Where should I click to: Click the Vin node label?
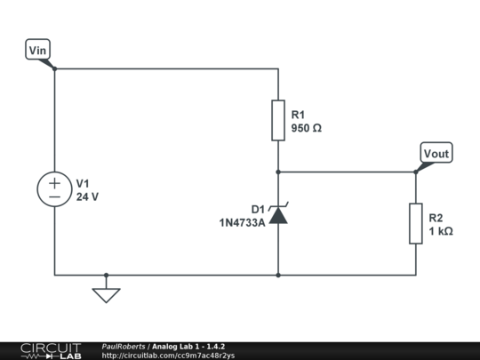(37, 49)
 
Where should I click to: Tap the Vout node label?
(436, 153)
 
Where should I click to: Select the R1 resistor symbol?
(278, 120)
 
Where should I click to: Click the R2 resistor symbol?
(416, 223)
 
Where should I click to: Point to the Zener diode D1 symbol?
(278, 213)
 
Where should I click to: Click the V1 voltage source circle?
(54, 189)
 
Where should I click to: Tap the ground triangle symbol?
(106, 295)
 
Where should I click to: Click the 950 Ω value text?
(306, 128)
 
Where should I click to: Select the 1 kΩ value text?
(441, 231)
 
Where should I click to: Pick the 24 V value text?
(87, 196)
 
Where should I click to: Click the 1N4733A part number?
(242, 223)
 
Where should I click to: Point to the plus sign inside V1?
(54, 183)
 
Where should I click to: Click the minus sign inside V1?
(54, 196)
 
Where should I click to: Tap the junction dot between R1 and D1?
(278, 172)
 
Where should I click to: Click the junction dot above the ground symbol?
(106, 276)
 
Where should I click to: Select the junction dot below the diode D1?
(278, 276)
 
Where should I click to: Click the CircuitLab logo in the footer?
(51, 351)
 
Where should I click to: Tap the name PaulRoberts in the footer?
(124, 347)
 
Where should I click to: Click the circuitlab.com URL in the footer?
(168, 356)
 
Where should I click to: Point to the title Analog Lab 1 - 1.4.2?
(188, 347)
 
